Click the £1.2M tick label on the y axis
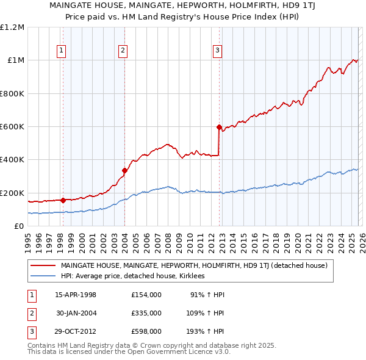12,27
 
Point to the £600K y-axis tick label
12,126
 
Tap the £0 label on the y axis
18,226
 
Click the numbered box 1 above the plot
62,51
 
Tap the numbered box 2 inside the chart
123,51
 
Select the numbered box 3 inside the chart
218,51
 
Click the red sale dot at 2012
219,127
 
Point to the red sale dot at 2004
124,171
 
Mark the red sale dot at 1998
63,200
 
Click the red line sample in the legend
43,265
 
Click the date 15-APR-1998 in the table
76,295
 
